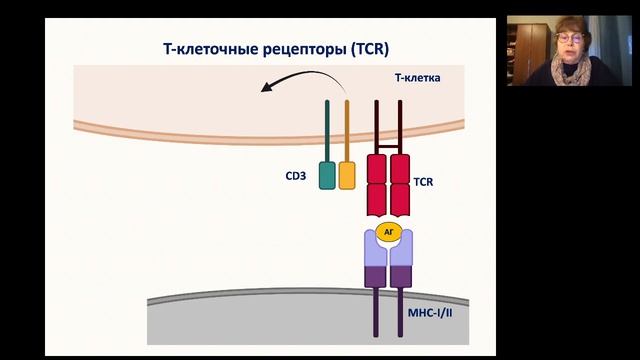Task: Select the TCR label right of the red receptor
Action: point(426,183)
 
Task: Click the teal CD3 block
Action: point(327,175)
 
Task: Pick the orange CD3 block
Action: point(346,175)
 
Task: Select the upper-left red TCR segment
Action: point(378,167)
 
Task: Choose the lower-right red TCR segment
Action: point(400,199)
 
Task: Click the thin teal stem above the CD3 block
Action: point(327,129)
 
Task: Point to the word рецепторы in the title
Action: point(299,47)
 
